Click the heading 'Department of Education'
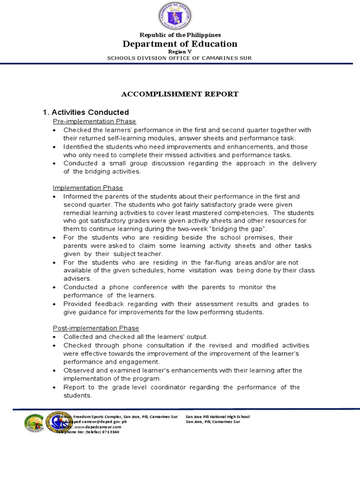[x=180, y=44]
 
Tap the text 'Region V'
[x=180, y=52]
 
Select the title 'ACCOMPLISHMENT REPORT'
[x=180, y=94]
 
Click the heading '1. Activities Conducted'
[x=86, y=112]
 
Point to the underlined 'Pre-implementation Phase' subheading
[x=94, y=121]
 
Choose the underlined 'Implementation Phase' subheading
[x=88, y=188]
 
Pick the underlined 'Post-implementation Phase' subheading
[x=96, y=328]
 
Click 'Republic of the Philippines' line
[x=180, y=35]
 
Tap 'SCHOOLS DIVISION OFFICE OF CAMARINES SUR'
[x=180, y=58]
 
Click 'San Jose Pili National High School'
[x=217, y=417]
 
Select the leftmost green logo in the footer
[x=34, y=423]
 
